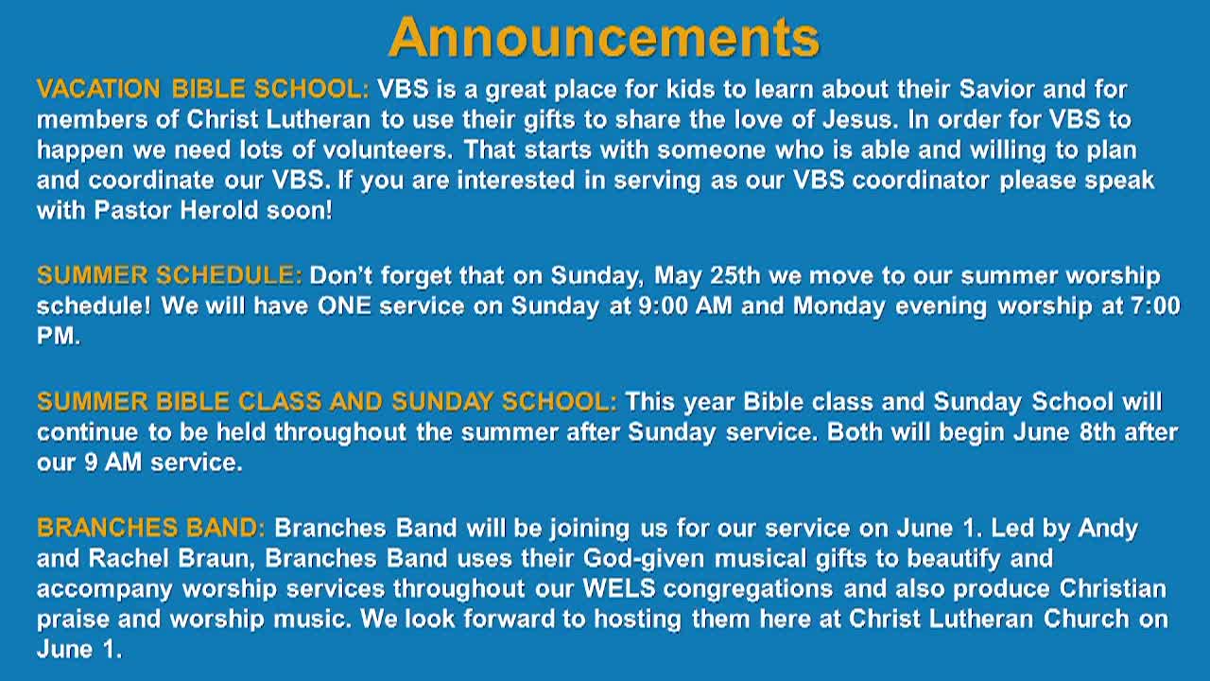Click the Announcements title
604,37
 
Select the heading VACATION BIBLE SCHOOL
203,89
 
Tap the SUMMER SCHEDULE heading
169,275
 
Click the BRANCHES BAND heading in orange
151,528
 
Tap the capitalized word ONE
344,306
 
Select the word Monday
839,306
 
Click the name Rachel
129,558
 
